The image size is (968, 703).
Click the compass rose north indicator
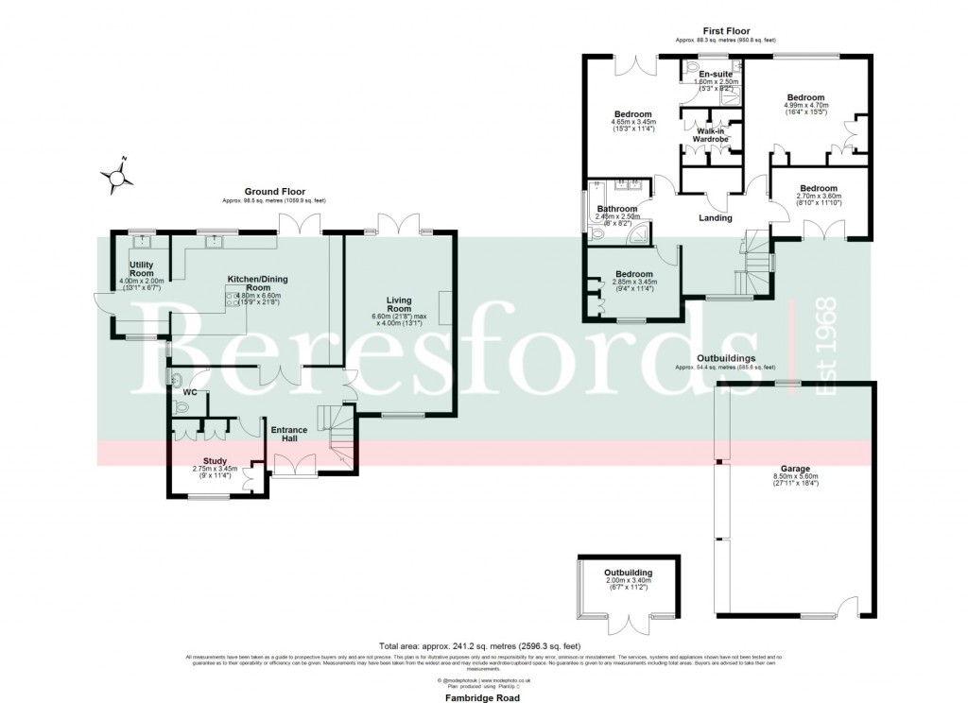tap(117, 174)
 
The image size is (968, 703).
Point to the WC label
tap(189, 391)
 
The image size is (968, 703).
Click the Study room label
tap(215, 461)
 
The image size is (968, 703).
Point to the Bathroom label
tap(617, 209)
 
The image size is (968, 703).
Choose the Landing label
tap(715, 218)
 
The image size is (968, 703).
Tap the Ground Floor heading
tap(274, 192)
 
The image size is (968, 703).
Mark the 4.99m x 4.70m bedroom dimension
tap(806, 105)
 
